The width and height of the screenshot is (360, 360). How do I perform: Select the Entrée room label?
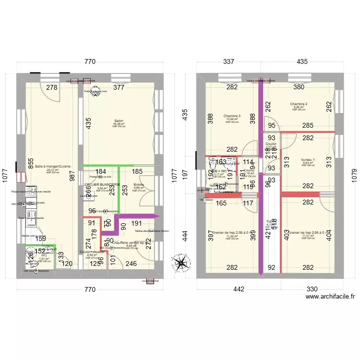tap(139, 184)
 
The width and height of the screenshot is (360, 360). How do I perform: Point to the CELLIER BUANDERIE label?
tap(102, 184)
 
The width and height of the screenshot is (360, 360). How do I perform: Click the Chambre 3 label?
tap(232, 116)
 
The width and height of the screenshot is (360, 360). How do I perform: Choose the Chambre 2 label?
tap(299, 104)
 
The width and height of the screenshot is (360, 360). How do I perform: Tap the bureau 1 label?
tap(308, 159)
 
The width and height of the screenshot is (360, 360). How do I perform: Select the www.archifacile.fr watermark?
tap(332, 297)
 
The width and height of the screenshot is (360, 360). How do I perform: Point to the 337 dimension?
tap(228, 61)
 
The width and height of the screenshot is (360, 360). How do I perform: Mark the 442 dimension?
tap(239, 289)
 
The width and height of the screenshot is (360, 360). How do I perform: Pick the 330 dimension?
tap(312, 289)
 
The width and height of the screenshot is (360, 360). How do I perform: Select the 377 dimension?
tap(119, 87)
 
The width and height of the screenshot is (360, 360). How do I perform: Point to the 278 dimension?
tap(52, 87)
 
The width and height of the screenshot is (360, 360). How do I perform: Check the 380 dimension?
tap(299, 87)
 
